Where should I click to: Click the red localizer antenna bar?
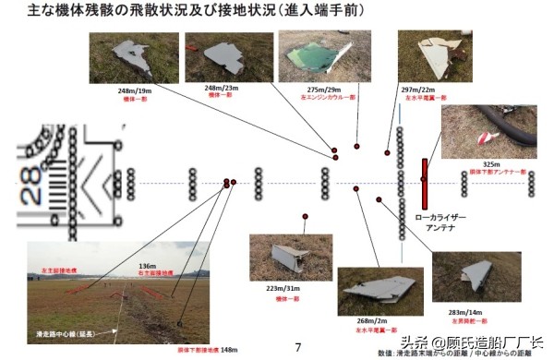(x=425, y=183)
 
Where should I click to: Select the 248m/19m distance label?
(x=135, y=90)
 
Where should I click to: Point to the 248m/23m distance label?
(x=222, y=89)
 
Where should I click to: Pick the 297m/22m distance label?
(x=418, y=90)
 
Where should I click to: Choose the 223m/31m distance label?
(x=284, y=289)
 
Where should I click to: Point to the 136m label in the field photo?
(x=146, y=267)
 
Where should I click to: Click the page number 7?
(x=297, y=347)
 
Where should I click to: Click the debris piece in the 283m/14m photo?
(x=476, y=274)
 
